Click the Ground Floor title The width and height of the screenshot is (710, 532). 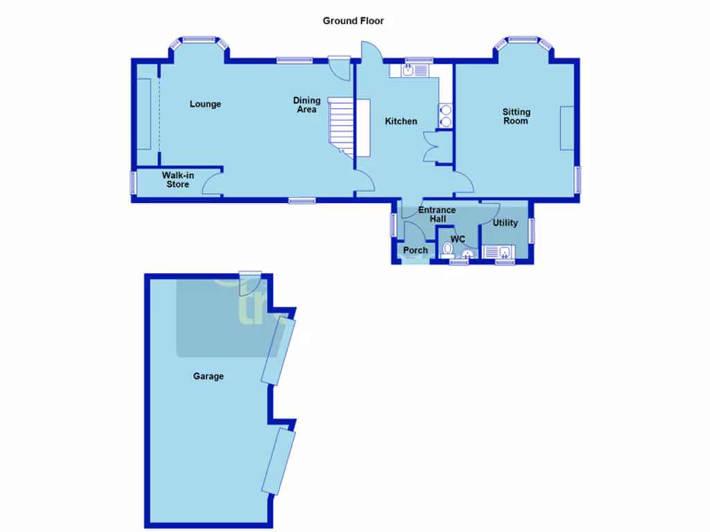point(353,21)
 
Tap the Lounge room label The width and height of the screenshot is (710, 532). point(205,104)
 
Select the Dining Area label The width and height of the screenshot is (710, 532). point(306,105)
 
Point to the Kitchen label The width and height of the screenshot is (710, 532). point(401,121)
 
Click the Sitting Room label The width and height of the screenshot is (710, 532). point(517,116)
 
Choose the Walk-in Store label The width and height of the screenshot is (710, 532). point(177,180)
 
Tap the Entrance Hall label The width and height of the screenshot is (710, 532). point(437,214)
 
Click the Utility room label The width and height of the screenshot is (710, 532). point(505,223)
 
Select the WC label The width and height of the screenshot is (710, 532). point(458,239)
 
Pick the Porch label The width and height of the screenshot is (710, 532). point(415,250)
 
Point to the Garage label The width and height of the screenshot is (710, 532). point(208,376)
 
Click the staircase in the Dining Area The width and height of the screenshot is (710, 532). point(341,125)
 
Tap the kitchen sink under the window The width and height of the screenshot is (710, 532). point(409,70)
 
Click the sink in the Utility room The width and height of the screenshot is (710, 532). point(505,252)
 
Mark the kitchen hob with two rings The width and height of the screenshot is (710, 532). point(445,116)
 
